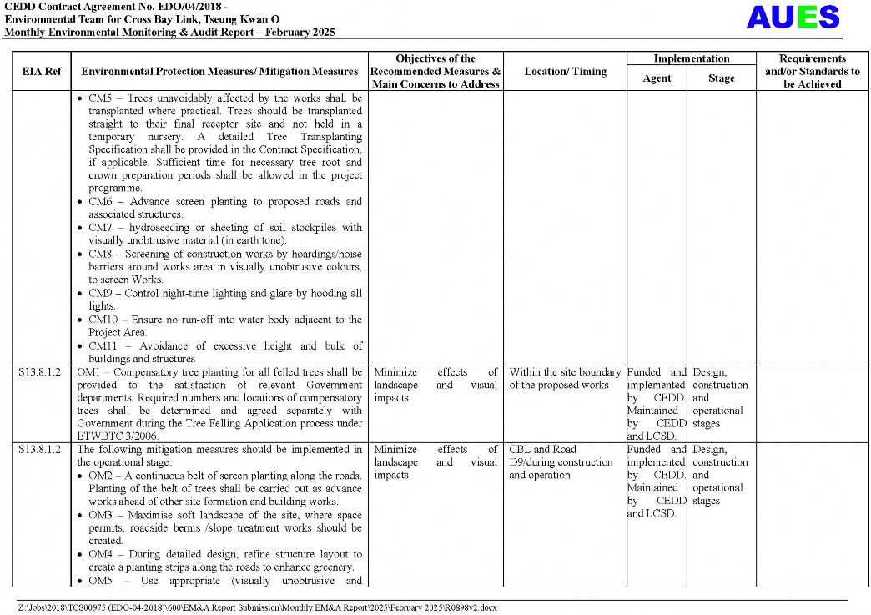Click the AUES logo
(793, 18)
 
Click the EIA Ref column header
(41, 72)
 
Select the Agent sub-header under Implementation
(657, 78)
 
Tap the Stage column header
(721, 78)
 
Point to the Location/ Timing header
(565, 72)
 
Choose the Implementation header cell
(691, 59)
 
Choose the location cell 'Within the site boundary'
(565, 372)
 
